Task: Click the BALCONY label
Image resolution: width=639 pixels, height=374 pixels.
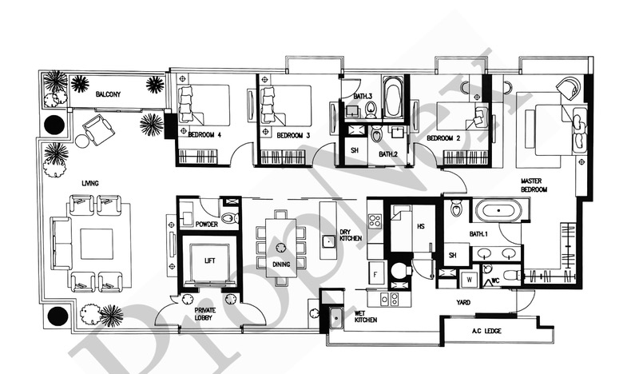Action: click(x=108, y=94)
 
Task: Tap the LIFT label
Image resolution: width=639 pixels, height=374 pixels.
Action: click(x=209, y=261)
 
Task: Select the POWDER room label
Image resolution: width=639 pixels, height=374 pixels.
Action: click(x=207, y=224)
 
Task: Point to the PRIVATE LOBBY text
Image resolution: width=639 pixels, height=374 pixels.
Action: click(x=205, y=313)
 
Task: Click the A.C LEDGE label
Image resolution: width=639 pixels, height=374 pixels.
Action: click(x=486, y=331)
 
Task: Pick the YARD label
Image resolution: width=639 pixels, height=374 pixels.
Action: click(x=463, y=302)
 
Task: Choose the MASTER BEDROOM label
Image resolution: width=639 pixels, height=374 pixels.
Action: click(x=534, y=185)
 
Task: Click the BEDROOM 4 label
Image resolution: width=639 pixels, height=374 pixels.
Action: click(x=204, y=135)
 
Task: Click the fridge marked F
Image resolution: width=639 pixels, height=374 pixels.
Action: click(x=375, y=274)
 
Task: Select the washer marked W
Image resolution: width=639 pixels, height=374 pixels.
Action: click(x=470, y=280)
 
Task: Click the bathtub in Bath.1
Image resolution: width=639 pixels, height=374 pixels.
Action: click(x=498, y=211)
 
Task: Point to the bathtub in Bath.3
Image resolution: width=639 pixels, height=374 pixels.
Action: click(x=393, y=97)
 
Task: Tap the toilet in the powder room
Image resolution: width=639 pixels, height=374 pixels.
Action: click(x=231, y=218)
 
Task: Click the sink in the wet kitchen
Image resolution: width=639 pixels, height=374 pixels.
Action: click(x=335, y=316)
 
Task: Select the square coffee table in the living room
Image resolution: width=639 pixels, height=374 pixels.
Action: click(x=97, y=244)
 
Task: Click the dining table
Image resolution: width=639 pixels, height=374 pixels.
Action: click(x=281, y=248)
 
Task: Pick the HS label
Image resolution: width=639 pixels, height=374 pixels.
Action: click(x=421, y=225)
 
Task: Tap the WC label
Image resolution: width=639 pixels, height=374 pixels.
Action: click(x=495, y=280)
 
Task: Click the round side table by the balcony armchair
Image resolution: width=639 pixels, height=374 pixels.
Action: click(x=83, y=141)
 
